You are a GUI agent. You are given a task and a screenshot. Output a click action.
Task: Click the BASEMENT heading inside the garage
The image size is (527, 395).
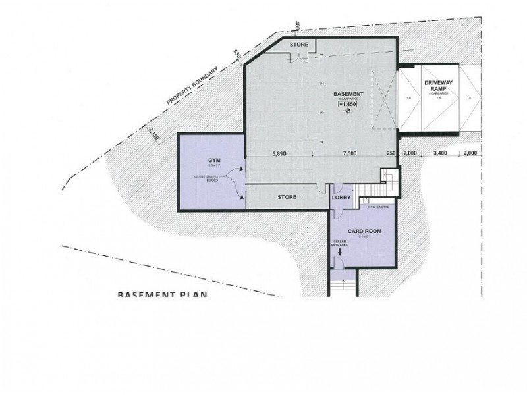pos(347,93)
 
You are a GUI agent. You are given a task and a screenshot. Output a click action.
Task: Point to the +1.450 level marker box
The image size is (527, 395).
pos(347,105)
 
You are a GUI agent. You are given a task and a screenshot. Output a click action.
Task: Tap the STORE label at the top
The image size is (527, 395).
pos(299,45)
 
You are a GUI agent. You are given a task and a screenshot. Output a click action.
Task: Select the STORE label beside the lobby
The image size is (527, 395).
pos(287,197)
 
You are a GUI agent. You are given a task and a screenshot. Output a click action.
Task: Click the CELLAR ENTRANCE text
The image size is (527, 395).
pos(340,244)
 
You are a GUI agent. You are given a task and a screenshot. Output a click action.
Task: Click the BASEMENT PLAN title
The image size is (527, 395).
pos(162,294)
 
